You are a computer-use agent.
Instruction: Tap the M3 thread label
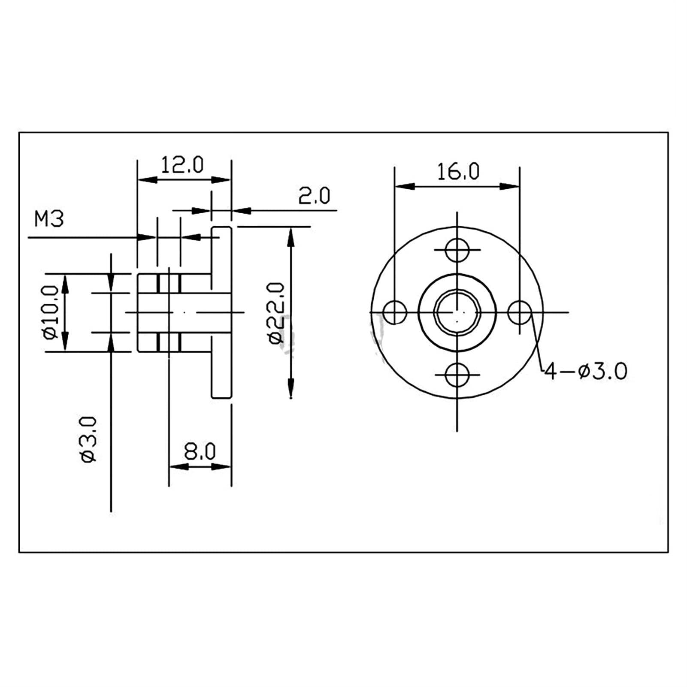coord(49,219)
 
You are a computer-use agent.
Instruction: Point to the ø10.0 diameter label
coord(51,312)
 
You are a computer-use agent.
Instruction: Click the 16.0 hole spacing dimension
coord(458,172)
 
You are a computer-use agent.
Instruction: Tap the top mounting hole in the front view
coord(457,250)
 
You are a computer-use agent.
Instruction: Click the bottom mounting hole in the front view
coord(457,375)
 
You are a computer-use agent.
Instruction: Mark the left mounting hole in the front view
coord(394,312)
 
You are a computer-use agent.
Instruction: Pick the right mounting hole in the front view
coord(519,312)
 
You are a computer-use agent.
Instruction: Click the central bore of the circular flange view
coord(457,312)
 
